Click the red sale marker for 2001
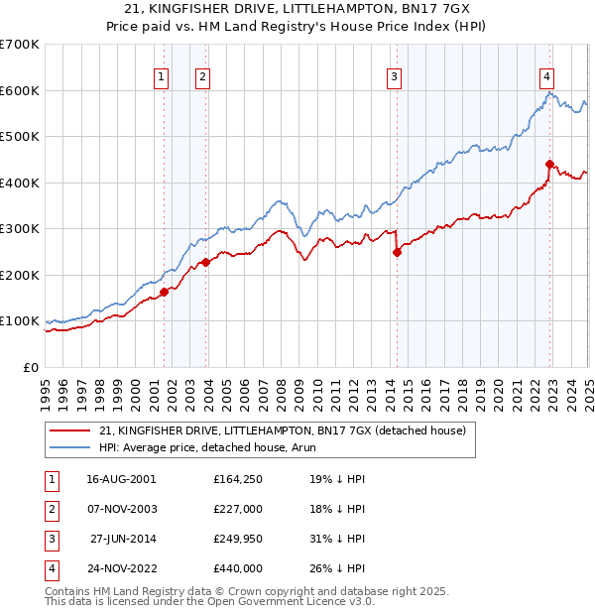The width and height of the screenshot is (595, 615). point(165,292)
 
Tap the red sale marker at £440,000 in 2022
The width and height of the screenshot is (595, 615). point(549,164)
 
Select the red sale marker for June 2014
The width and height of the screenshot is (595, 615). point(397,252)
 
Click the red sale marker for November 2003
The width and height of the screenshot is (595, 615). point(205,262)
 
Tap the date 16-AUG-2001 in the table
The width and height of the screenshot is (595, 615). point(121,478)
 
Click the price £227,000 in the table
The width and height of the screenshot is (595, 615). point(238,509)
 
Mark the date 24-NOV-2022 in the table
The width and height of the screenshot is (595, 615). point(121,569)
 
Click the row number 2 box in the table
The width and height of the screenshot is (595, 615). point(50,509)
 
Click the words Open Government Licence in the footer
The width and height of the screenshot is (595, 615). point(287,601)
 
